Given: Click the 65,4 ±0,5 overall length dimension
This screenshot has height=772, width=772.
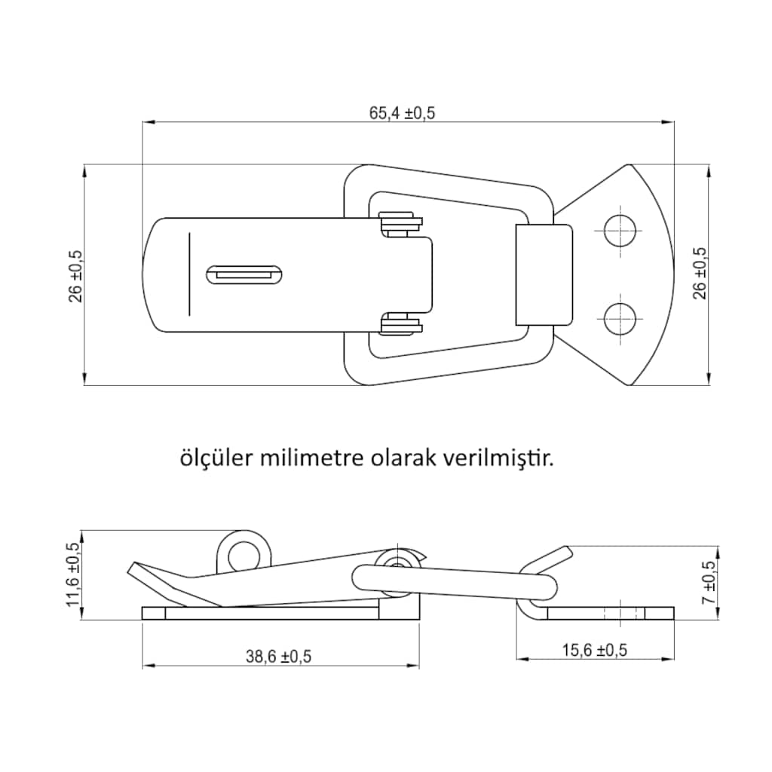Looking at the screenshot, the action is [403, 113].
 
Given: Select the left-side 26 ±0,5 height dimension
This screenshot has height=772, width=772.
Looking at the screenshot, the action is [76, 276].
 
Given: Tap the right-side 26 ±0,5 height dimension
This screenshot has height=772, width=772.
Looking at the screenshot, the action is [699, 273].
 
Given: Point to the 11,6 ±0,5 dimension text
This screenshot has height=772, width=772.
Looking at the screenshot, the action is [72, 574].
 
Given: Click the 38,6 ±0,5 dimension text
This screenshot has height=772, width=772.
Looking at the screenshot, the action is [279, 657].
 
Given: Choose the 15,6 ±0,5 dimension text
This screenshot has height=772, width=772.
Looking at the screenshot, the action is [595, 650].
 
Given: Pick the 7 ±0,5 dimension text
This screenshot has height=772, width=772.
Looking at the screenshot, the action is [709, 583].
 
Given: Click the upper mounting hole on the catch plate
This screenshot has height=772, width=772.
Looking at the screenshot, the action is [620, 231].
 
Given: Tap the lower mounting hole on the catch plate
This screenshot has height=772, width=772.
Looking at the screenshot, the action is [620, 319].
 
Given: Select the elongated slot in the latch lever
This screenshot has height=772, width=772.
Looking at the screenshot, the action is [244, 274].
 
